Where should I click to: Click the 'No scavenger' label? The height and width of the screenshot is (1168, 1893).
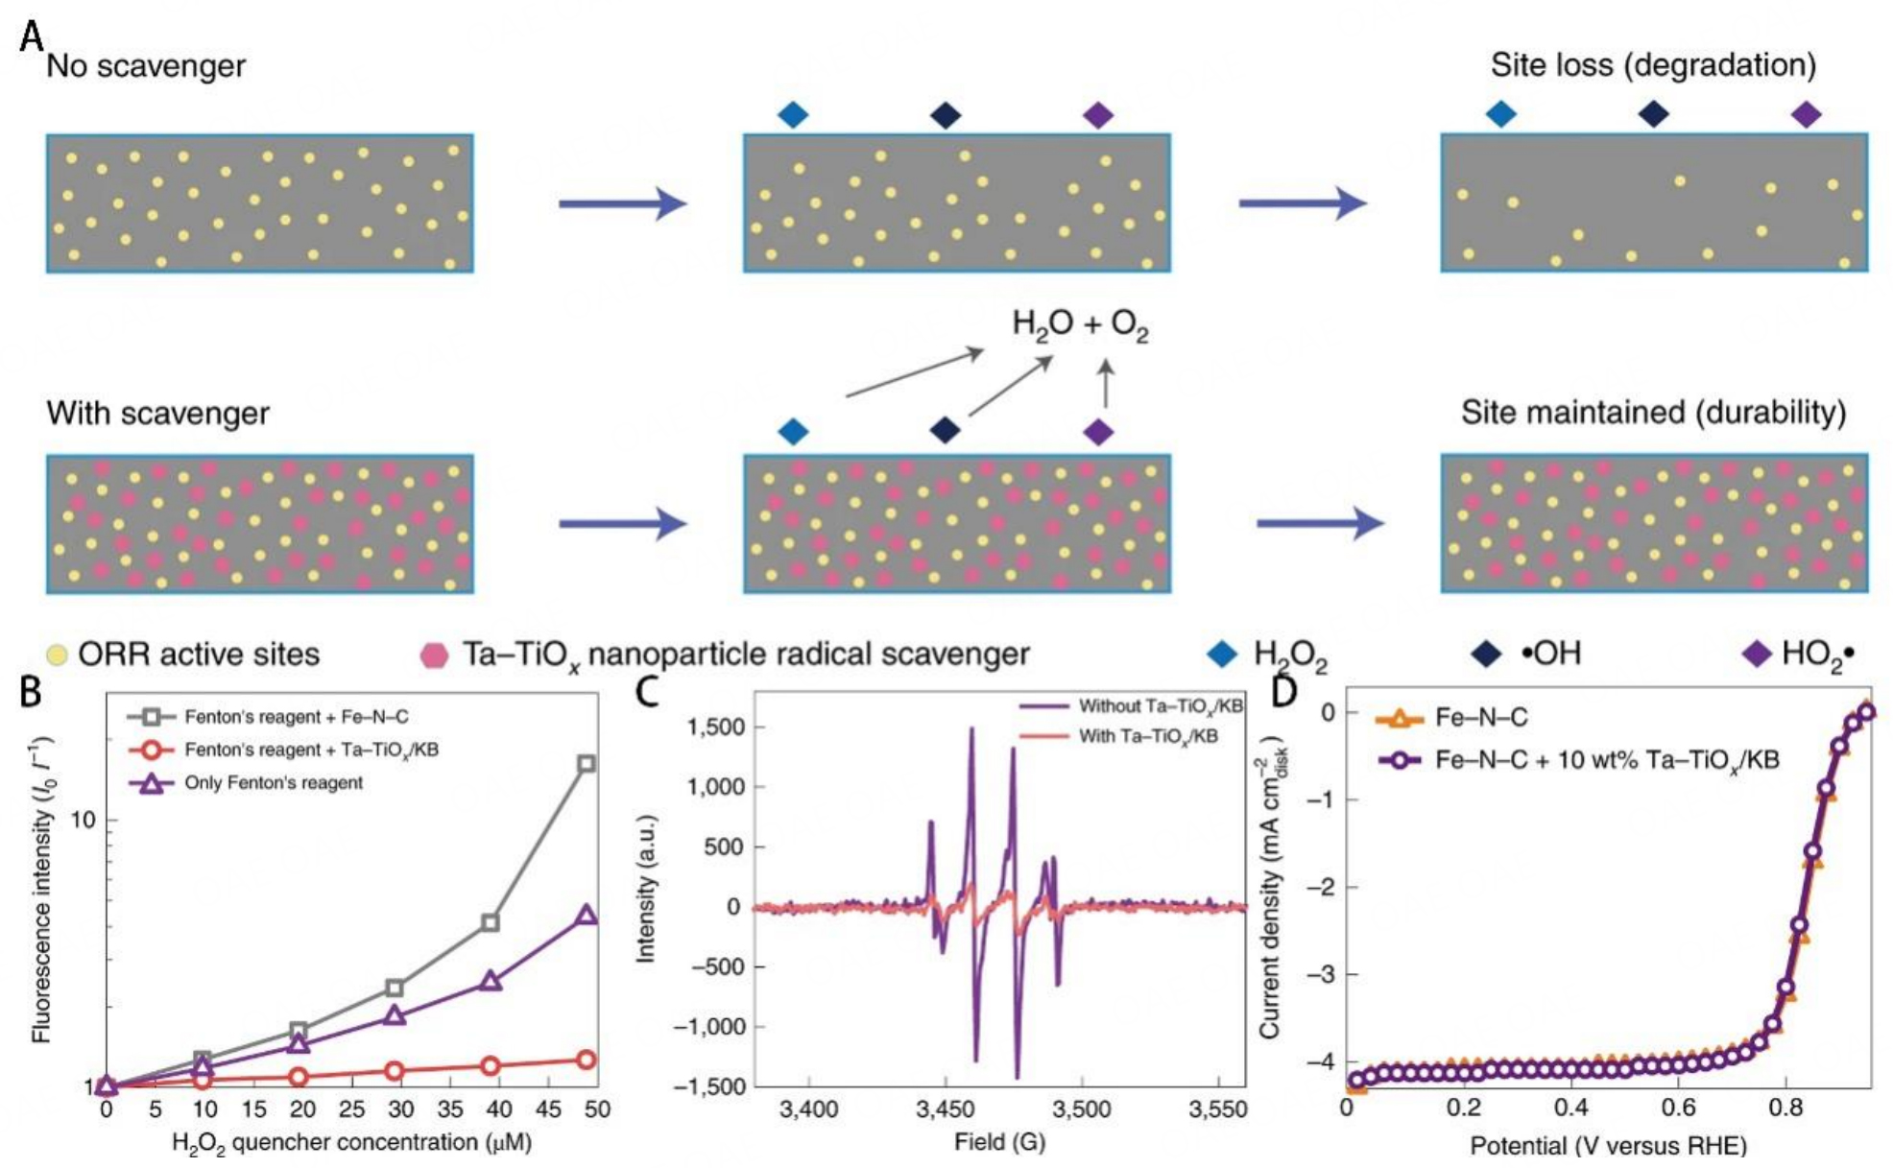pos(146,66)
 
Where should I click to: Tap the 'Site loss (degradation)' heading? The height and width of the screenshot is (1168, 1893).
pos(1653,65)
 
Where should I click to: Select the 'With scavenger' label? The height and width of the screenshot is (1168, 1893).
pos(157,414)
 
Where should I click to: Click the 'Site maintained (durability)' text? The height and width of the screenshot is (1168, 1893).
pos(1653,413)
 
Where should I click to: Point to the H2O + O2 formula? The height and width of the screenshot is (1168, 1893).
pos(1080,324)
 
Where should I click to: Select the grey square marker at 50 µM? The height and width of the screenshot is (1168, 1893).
pos(586,764)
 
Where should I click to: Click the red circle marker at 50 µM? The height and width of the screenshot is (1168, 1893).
pos(586,1060)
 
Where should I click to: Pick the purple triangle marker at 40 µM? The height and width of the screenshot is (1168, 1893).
pos(491,981)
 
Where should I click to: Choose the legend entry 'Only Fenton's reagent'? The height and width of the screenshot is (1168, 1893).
pos(274,783)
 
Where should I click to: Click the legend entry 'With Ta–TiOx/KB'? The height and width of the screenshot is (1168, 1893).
pos(1148,736)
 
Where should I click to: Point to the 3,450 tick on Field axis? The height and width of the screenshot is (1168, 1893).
pos(946,1109)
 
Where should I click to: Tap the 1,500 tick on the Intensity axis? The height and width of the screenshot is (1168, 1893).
pos(716,727)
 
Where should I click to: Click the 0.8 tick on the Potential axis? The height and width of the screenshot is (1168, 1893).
pos(1785,1107)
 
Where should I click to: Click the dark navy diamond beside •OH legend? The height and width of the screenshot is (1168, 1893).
pos(1485,655)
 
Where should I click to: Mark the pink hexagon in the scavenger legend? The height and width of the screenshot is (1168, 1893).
pos(435,656)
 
